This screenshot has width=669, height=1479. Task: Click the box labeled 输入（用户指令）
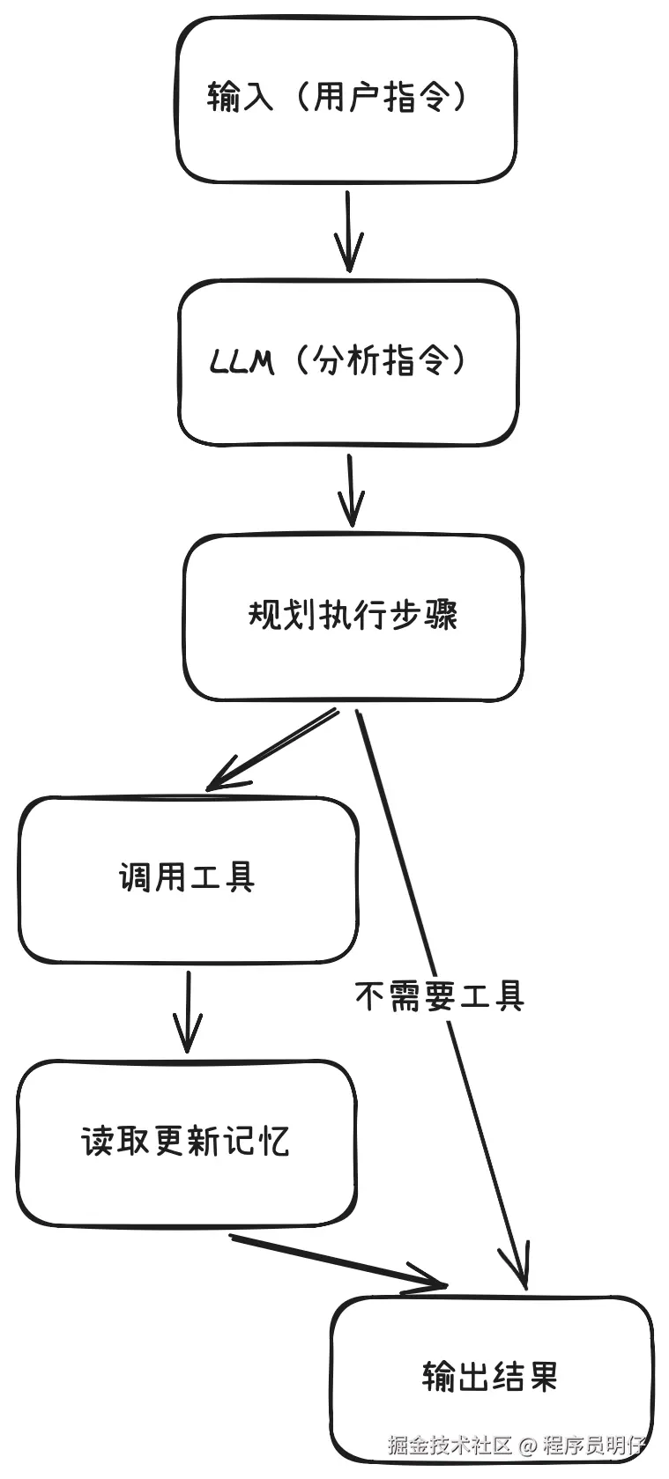coord(346,100)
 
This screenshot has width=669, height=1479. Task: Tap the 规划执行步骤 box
coord(353,617)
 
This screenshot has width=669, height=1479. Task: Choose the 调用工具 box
coord(188,879)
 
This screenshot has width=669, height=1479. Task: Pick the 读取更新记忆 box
coord(186,1143)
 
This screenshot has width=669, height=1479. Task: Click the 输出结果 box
coord(491,1376)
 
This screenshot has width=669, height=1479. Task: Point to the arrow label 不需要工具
coord(439,996)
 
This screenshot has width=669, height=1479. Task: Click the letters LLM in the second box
coord(242,361)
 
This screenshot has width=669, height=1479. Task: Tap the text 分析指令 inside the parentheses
coord(382,361)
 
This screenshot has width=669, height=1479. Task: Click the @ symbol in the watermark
coord(527,1446)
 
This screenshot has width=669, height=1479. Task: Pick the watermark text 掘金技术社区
coord(450,1446)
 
